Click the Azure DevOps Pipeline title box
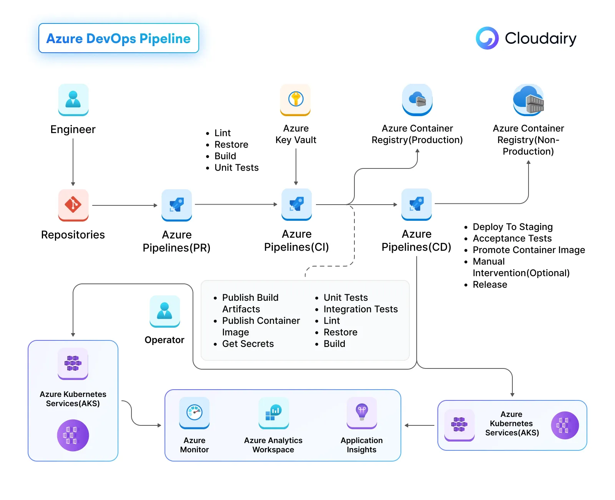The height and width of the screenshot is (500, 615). [118, 38]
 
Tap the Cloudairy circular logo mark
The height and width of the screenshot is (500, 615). [487, 38]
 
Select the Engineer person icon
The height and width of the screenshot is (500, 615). [73, 99]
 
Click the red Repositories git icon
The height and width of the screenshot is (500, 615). [73, 205]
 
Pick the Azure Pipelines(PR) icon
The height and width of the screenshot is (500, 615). [176, 205]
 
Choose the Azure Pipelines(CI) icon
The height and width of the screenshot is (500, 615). [296, 204]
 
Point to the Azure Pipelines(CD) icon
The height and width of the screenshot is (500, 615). [416, 204]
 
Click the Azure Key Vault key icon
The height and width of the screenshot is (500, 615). [296, 99]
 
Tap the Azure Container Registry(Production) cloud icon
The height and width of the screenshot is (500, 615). [417, 99]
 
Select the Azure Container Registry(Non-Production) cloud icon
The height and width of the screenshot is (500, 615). [529, 99]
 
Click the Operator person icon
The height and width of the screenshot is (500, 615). [165, 311]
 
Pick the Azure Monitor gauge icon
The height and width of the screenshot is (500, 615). [194, 412]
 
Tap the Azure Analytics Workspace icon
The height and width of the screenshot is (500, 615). [273, 412]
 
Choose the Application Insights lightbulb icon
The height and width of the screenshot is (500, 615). [361, 412]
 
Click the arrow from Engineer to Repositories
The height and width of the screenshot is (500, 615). [73, 162]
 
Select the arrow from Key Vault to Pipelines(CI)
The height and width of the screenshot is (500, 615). [296, 166]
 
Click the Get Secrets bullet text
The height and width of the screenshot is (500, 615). [248, 344]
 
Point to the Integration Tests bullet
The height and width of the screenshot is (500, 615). [360, 309]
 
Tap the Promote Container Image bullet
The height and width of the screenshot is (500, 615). [529, 250]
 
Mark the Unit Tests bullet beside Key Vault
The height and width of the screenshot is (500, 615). [236, 168]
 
